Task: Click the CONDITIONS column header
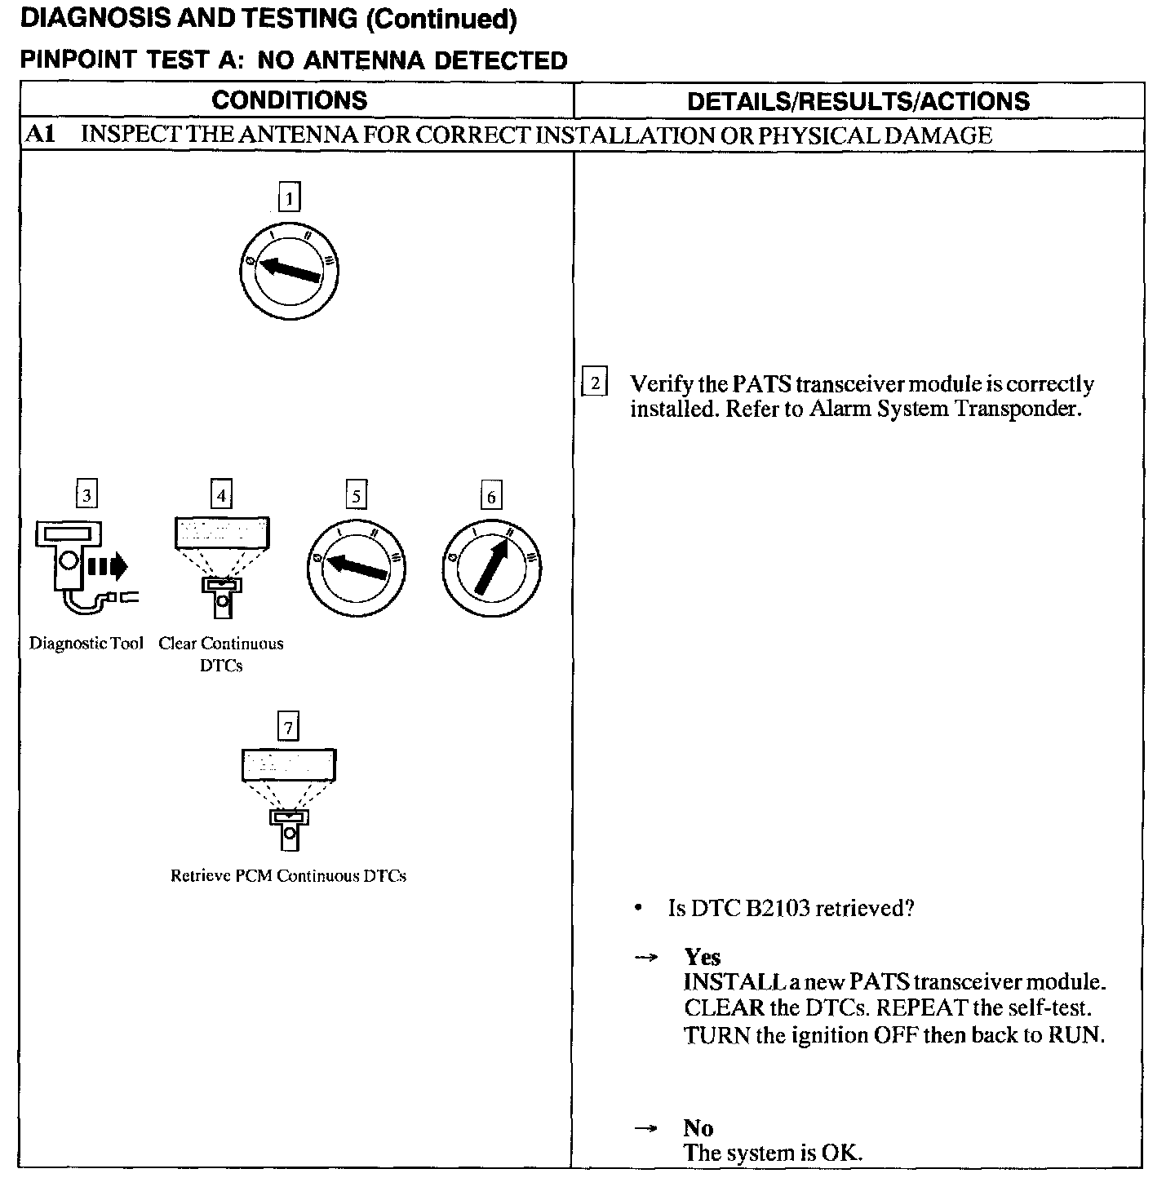[290, 100]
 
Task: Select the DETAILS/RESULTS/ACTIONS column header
[858, 101]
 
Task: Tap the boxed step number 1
[289, 197]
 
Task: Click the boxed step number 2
[594, 383]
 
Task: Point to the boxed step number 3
[86, 495]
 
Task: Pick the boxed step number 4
[221, 495]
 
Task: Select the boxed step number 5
[356, 496]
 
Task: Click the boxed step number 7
[288, 726]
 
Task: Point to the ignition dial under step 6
[491, 567]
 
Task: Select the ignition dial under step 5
[356, 567]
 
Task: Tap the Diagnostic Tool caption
[86, 644]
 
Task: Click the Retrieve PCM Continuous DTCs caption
[288, 876]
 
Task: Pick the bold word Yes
[702, 957]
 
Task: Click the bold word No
[698, 1128]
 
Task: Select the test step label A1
[40, 135]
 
